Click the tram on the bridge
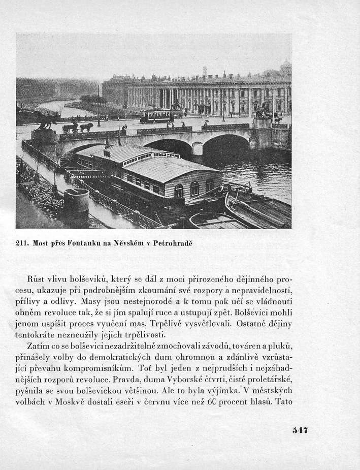(156, 116)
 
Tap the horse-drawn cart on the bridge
(78, 127)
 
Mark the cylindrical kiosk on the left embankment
(76, 204)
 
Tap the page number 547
(300, 430)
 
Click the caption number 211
(22, 243)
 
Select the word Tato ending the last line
(282, 401)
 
